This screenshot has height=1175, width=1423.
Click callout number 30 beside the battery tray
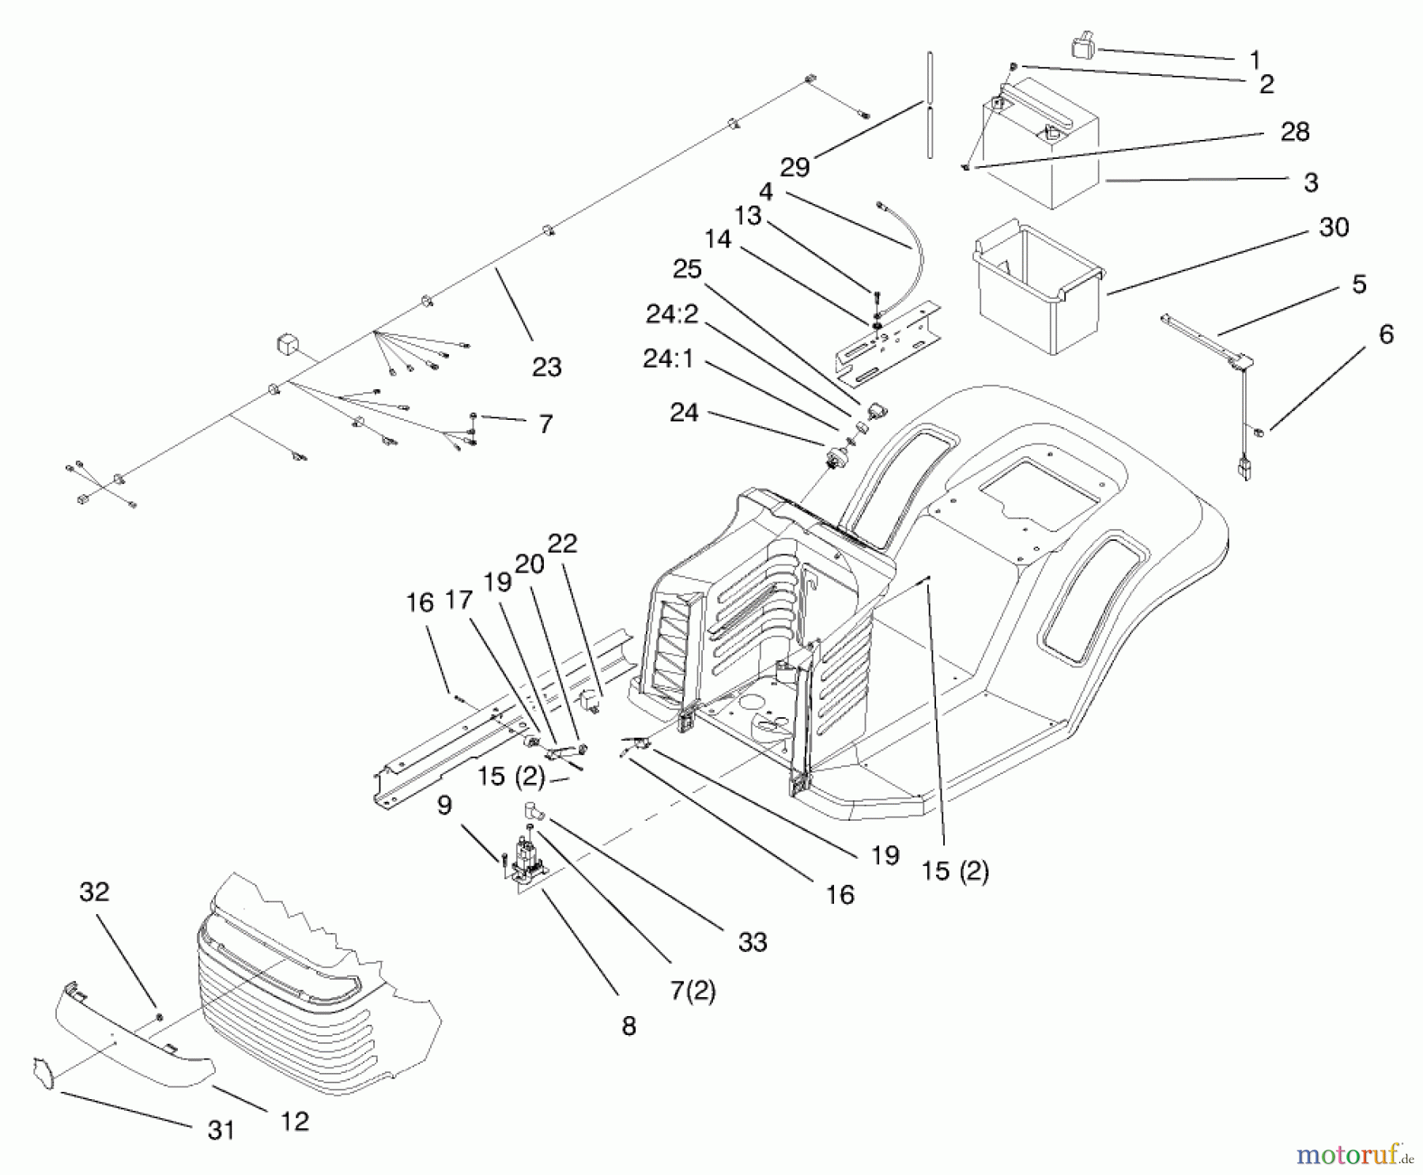[x=1334, y=228]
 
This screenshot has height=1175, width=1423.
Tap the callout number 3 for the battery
[x=1311, y=183]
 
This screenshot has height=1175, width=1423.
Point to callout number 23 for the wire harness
[x=546, y=367]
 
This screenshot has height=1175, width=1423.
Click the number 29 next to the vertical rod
[x=795, y=167]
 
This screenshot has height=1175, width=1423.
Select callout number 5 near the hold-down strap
[x=1359, y=284]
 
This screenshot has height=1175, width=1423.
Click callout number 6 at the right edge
[x=1386, y=334]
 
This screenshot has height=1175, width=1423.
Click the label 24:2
[x=672, y=315]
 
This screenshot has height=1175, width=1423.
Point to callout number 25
[x=687, y=270]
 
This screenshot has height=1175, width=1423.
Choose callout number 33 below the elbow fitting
[x=753, y=942]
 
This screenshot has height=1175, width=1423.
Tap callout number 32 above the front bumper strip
[x=94, y=892]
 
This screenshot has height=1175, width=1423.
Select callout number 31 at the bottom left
[x=221, y=1131]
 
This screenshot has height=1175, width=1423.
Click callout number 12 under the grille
[x=295, y=1121]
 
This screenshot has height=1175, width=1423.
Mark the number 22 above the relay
[x=562, y=543]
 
